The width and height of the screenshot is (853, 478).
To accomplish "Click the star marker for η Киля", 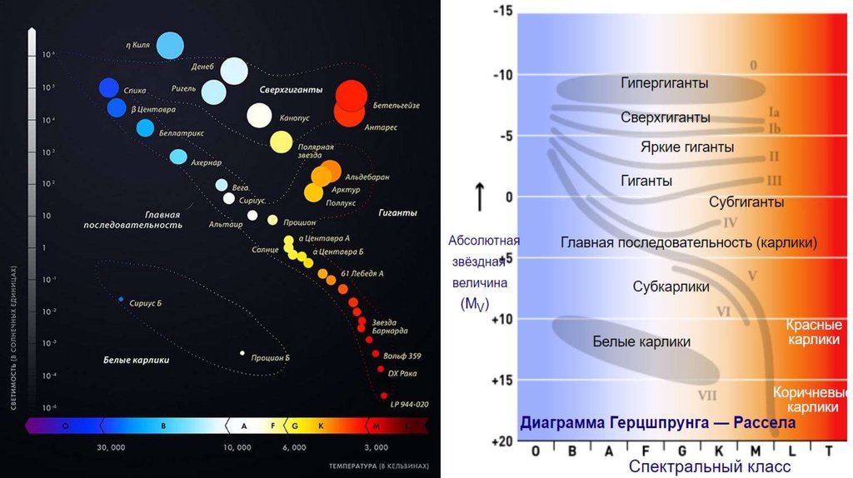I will (170, 45).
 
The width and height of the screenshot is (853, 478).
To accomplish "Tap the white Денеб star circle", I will (234, 72).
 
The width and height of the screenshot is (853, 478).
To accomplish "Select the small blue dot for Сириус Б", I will (121, 300).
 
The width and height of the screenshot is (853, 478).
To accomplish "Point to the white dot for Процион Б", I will (242, 353).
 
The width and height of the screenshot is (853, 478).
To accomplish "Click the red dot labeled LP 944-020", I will (384, 396).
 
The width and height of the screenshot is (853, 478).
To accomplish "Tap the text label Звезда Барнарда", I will (390, 326).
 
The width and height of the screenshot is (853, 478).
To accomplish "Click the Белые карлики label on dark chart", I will (137, 361).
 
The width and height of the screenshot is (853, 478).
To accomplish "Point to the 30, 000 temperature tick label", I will (112, 448).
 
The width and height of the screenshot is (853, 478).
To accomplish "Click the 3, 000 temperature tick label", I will (377, 448).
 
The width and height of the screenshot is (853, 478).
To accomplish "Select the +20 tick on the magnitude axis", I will (502, 441).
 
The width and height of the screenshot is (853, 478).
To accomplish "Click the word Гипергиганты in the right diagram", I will (665, 83).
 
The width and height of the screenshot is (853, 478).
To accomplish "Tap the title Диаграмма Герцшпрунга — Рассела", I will (658, 423).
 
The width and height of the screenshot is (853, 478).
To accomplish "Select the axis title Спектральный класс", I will (710, 467).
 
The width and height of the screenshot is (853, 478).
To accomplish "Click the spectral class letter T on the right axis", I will (829, 451).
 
